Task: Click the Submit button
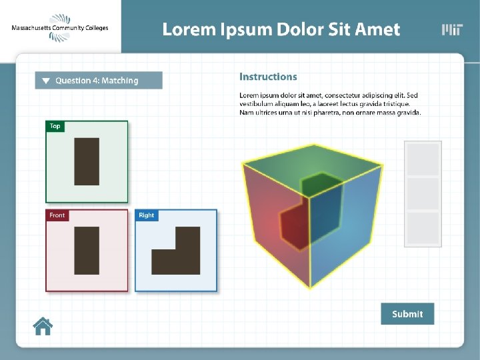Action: [x=407, y=314]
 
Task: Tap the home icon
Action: [x=43, y=326]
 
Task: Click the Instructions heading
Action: [x=268, y=77]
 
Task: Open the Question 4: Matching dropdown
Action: [x=99, y=81]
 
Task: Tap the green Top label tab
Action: [x=55, y=126]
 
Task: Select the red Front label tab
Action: [x=57, y=215]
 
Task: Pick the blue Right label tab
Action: [x=147, y=215]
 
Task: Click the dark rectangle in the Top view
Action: [x=87, y=161]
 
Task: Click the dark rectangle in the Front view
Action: [x=87, y=251]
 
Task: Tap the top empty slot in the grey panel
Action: [x=423, y=160]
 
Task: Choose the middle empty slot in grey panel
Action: [x=423, y=193]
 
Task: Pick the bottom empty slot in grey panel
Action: [x=423, y=228]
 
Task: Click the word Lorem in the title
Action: [x=189, y=30]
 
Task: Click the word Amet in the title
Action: [x=378, y=30]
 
